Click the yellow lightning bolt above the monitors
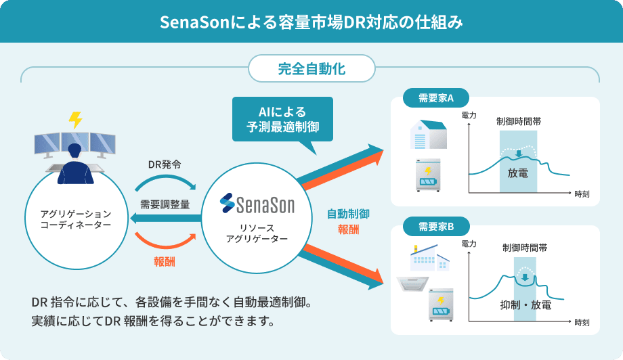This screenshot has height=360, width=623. (x=75, y=120)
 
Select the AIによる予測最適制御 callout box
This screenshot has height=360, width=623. (x=282, y=118)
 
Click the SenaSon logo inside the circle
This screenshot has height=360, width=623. (x=257, y=203)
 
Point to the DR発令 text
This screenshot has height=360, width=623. (x=165, y=164)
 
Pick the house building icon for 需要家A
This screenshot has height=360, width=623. (x=428, y=135)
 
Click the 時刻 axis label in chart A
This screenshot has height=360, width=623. (x=581, y=194)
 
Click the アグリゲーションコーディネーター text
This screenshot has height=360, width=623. (x=76, y=219)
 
